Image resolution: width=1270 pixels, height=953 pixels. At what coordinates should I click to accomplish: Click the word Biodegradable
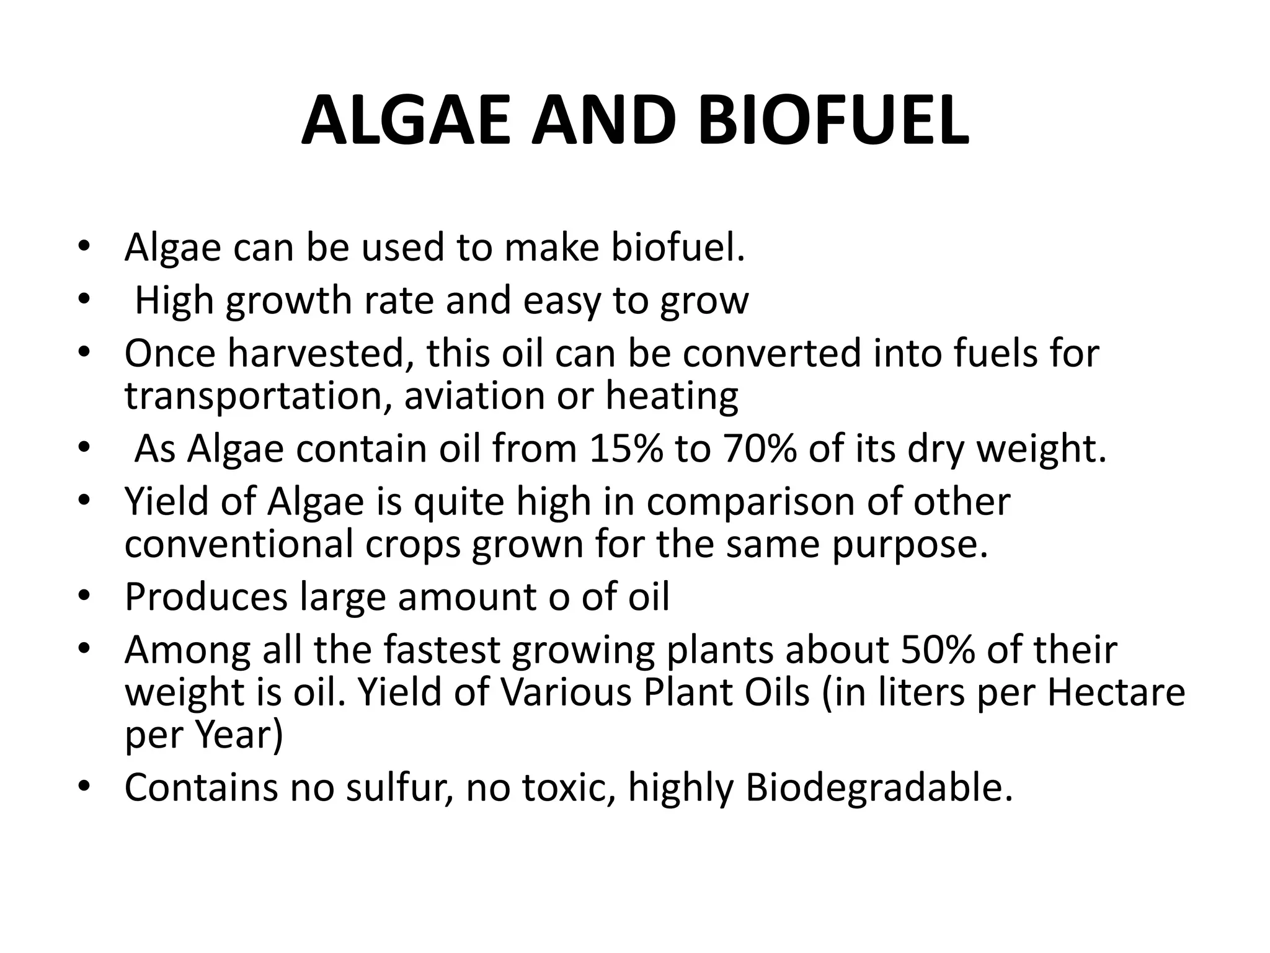coord(879,787)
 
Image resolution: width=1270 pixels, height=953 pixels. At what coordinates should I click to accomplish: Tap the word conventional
coord(239,544)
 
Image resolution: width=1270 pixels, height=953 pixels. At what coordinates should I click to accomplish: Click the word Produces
coord(206,597)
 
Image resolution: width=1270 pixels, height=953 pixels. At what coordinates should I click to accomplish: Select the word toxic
coord(569,787)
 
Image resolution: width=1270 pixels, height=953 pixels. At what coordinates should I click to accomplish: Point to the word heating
coord(672,395)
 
